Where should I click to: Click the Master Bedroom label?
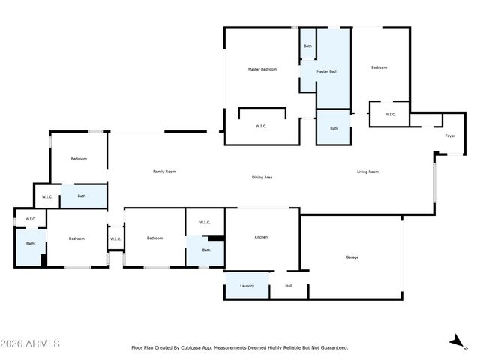click(262, 70)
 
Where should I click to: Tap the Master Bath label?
click(327, 71)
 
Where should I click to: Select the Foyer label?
click(450, 136)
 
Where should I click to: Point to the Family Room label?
click(164, 172)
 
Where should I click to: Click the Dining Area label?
click(262, 178)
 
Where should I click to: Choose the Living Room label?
click(367, 172)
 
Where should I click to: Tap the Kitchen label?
click(261, 237)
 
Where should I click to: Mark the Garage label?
click(352, 257)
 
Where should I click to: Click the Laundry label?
click(247, 286)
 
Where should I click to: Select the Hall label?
click(288, 286)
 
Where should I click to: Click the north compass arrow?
click(457, 341)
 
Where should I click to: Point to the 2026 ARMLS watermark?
click(30, 343)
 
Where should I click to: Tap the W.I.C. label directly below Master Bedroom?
click(261, 126)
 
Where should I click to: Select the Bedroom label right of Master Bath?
click(379, 67)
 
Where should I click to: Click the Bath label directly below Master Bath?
click(334, 128)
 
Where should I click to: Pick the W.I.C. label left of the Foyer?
click(390, 115)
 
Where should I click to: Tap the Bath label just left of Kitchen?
click(206, 250)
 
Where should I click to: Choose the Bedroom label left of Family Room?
click(79, 159)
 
